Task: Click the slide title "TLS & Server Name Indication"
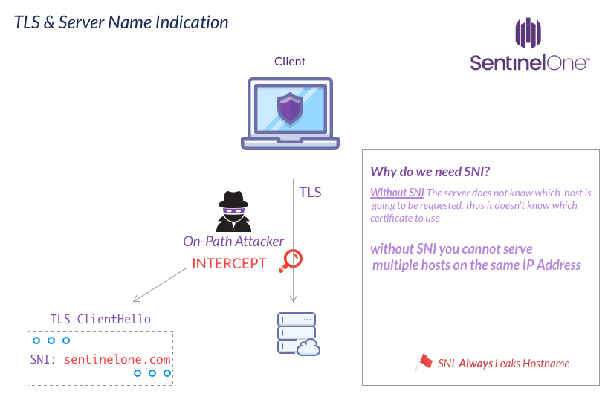point(121,22)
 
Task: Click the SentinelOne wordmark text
point(529,62)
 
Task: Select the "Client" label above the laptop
point(290,62)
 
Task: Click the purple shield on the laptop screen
point(289,109)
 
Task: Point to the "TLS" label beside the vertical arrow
point(310,192)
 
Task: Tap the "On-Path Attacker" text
point(233,241)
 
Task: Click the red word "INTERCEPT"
point(229,263)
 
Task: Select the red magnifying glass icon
point(291,260)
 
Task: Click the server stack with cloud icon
point(297,333)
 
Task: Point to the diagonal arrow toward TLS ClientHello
point(160,285)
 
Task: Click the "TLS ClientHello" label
point(100,319)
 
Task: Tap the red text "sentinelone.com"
point(117,359)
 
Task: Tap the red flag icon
point(424,362)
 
